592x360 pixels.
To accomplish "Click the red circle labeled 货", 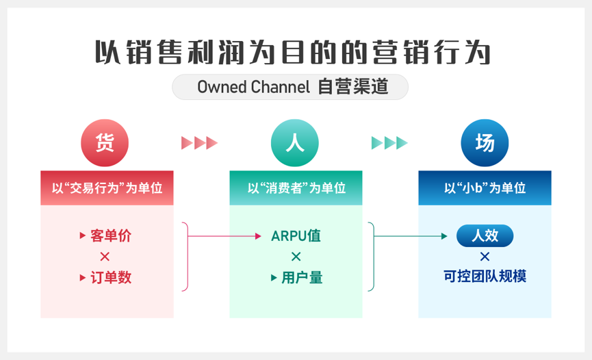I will click(x=105, y=143).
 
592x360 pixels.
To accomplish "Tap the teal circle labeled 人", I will click(x=295, y=143).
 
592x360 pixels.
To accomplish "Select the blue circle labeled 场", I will click(x=485, y=143).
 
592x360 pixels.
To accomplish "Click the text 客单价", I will click(x=110, y=236).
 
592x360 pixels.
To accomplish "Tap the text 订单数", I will click(x=110, y=278).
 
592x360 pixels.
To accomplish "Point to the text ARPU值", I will click(x=296, y=236).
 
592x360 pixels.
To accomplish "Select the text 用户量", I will click(x=302, y=278).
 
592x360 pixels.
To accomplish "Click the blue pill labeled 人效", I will click(x=485, y=236).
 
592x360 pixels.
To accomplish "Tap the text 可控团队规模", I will click(x=485, y=277).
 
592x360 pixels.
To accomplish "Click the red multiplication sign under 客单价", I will click(x=105, y=257).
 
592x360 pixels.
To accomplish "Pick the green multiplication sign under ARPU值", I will click(x=296, y=257).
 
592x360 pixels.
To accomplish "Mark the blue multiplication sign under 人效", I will click(x=485, y=257).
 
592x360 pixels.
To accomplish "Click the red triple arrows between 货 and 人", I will click(x=199, y=143).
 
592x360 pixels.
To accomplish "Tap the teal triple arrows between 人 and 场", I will click(x=389, y=143).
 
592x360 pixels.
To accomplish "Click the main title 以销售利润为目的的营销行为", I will click(x=292, y=51).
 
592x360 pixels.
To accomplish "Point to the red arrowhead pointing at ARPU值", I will click(x=258, y=237).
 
